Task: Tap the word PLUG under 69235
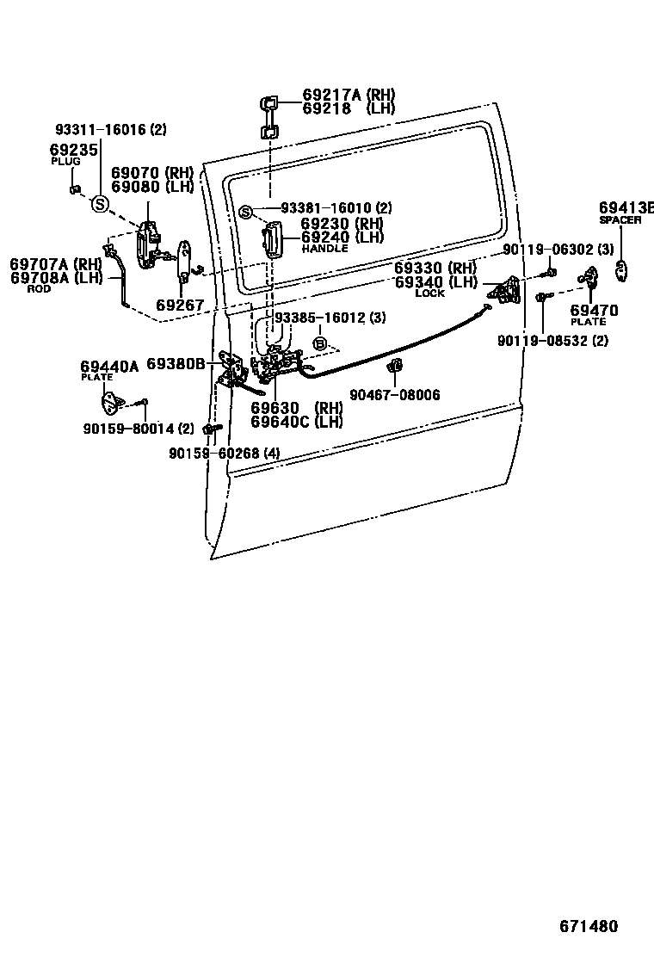(65, 162)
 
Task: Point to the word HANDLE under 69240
(324, 249)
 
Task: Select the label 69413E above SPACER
(626, 207)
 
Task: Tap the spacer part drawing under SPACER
(622, 269)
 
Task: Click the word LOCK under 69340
(429, 293)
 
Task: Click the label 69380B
(176, 364)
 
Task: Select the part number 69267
(180, 305)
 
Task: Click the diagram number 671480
(589, 927)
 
